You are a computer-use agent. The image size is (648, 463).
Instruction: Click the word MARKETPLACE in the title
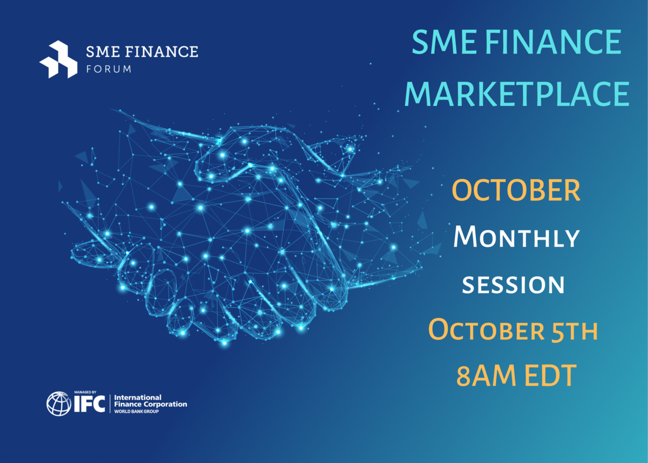517,93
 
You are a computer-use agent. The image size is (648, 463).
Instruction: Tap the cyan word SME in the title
444,42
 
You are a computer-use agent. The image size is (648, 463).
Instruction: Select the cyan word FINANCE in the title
553,42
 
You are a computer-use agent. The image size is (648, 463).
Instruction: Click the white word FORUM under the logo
109,69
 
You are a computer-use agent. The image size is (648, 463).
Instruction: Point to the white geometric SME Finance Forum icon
58,59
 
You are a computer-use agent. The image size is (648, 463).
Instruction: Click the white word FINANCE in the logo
161,51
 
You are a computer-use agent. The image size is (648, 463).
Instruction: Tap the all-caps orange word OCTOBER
516,190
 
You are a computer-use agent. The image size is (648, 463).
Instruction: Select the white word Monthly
517,237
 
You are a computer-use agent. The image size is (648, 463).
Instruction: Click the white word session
513,285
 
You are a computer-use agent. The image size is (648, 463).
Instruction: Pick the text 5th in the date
574,331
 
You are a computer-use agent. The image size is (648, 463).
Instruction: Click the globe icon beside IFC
59,404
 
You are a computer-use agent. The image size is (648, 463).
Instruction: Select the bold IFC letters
90,404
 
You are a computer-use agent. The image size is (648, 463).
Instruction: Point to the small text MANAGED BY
85,392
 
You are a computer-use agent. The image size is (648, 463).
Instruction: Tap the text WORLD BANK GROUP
137,412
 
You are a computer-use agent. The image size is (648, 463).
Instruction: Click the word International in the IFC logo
138,397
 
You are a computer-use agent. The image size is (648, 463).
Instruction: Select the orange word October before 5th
487,331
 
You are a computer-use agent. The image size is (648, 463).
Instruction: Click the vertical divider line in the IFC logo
110,404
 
